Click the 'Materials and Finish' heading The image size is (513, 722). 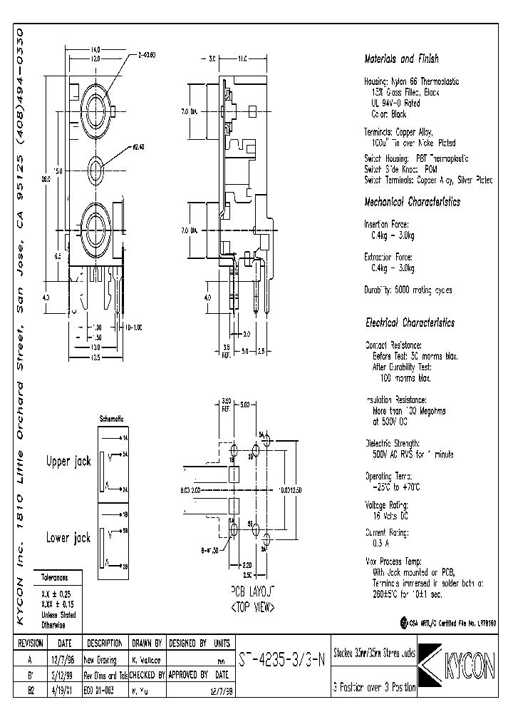click(x=401, y=59)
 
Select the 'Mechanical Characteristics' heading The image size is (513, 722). click(x=412, y=202)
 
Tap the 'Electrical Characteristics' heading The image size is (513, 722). click(x=409, y=322)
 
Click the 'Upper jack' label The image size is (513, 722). click(x=68, y=462)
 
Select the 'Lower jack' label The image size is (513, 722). click(x=68, y=537)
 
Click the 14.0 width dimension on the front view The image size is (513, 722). click(x=95, y=49)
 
